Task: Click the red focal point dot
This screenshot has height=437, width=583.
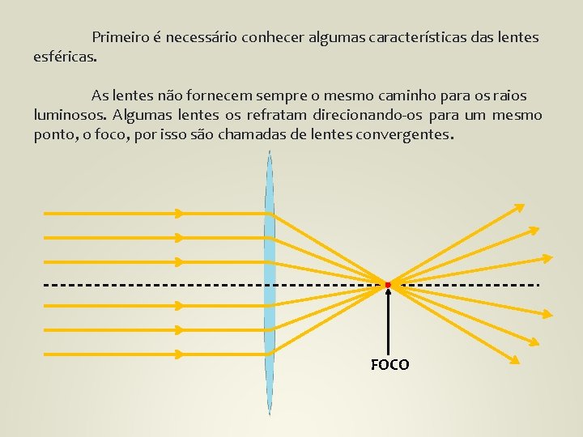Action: (389, 285)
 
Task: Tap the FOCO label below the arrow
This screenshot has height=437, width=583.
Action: (390, 365)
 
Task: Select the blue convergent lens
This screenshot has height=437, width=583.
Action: (270, 283)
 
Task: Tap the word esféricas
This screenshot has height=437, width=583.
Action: (65, 57)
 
